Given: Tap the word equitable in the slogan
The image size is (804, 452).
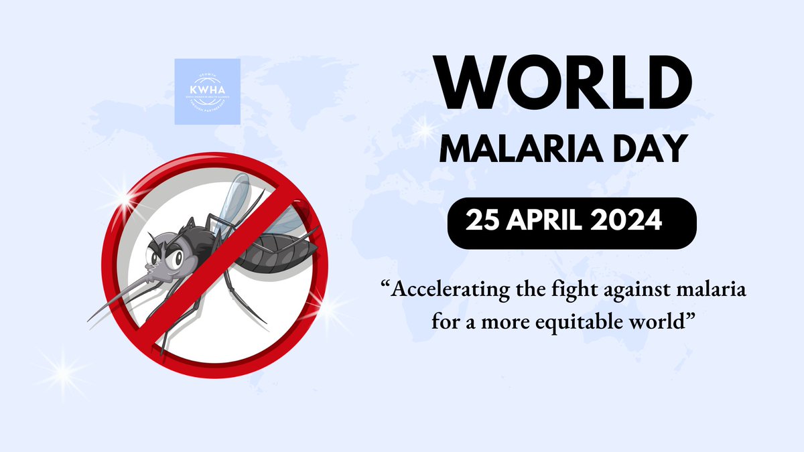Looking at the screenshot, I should click(x=595, y=321).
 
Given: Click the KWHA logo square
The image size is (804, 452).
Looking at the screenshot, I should click(x=207, y=91).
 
